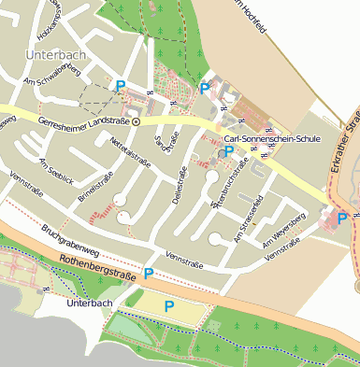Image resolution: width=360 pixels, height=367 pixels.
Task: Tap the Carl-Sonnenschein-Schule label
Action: (266, 138)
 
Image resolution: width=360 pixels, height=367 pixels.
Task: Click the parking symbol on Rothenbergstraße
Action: (149, 273)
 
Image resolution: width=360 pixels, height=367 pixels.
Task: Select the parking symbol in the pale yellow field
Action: (169, 305)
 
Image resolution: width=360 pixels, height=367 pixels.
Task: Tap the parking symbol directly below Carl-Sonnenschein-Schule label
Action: (228, 151)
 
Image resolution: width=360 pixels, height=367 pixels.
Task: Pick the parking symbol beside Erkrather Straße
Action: (342, 218)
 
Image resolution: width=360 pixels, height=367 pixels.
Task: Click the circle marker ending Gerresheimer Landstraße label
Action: (137, 121)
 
